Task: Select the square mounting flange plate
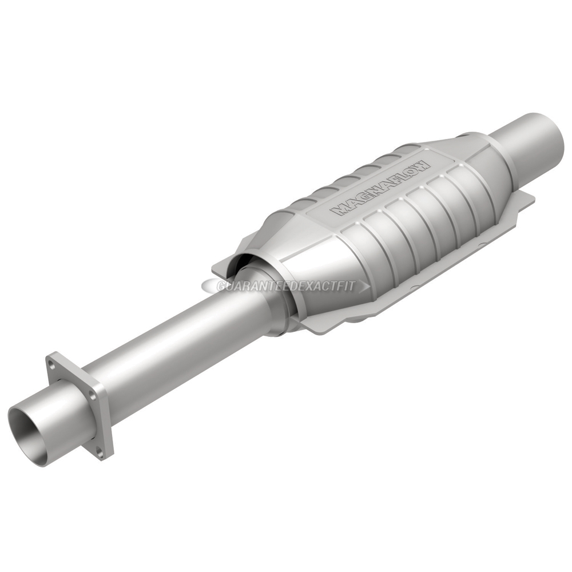point(80,403)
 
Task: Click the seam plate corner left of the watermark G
point(214,269)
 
